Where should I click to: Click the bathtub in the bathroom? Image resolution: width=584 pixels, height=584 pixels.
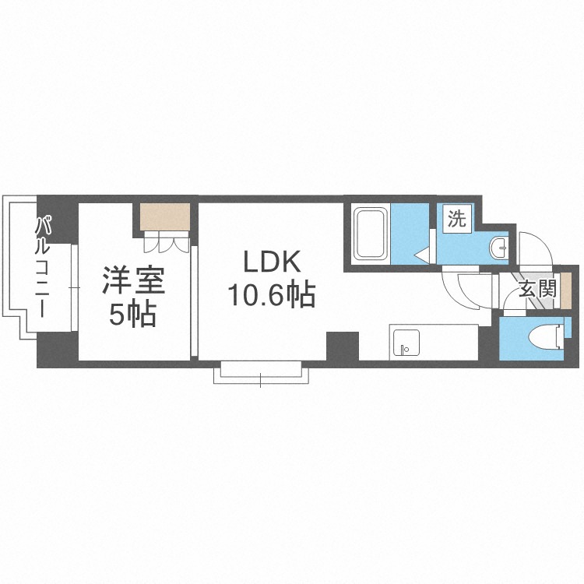371,234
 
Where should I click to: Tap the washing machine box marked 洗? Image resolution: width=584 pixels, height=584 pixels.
456,219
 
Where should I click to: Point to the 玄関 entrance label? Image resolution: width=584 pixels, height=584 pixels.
537,291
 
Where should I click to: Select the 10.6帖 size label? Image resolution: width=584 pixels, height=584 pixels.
270,295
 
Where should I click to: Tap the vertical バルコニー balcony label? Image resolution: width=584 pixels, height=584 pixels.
45,265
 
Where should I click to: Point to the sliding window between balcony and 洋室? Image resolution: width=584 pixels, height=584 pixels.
75,288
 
